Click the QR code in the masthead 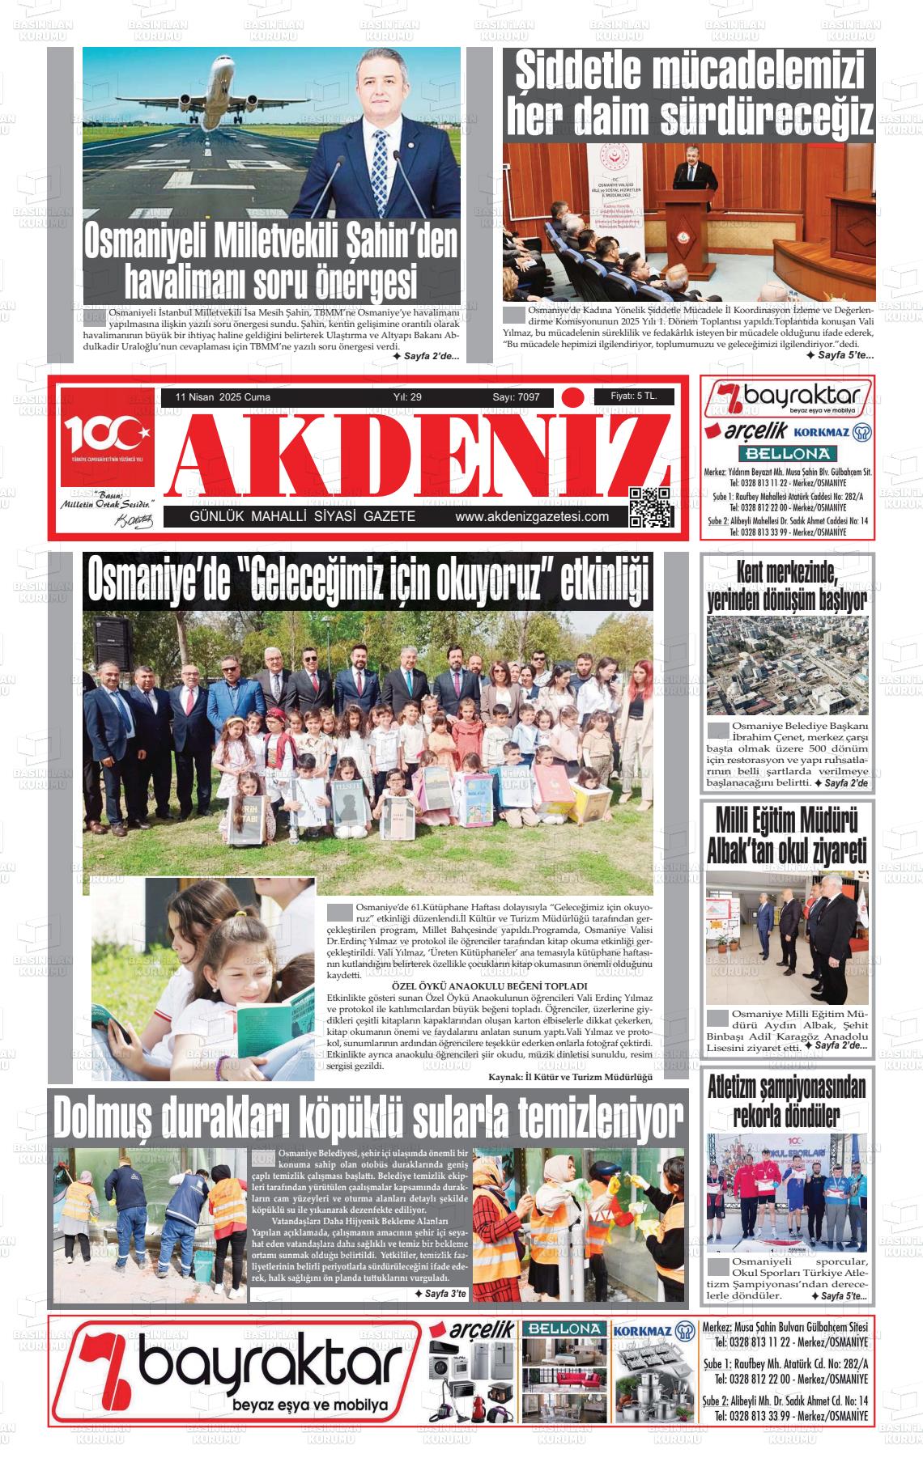(651, 507)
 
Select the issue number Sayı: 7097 (516, 397)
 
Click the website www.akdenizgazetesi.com (532, 517)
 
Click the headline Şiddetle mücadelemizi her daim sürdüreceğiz (689, 93)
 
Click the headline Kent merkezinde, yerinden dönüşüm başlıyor (786, 587)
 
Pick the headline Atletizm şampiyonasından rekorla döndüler (786, 1101)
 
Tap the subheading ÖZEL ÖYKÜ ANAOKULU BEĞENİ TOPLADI (489, 987)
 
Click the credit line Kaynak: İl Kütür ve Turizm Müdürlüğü (570, 1077)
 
